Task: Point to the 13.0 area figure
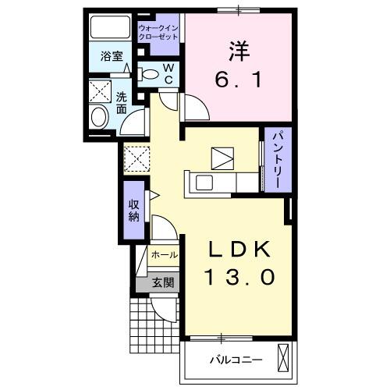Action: [239, 278]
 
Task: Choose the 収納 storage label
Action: [133, 210]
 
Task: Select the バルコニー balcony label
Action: [236, 360]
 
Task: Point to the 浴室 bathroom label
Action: [109, 56]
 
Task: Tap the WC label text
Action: [168, 74]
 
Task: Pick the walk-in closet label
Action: [159, 33]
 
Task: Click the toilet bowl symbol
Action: [149, 75]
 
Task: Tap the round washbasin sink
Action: [99, 118]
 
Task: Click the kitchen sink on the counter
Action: [203, 184]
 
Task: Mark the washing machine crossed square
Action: [137, 158]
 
